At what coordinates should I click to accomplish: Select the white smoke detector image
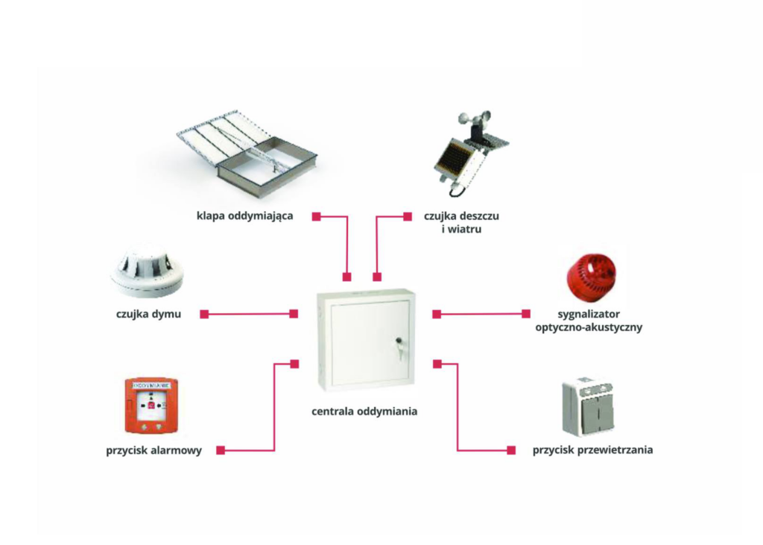tap(147, 271)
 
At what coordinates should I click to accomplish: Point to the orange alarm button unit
tap(151, 406)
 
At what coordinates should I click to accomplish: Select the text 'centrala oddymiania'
tap(364, 411)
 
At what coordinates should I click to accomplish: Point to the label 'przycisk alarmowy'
tap(154, 450)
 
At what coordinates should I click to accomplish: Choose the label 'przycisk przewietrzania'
tap(592, 450)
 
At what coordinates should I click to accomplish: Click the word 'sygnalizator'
tap(589, 314)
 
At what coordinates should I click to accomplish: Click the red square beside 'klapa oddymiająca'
tap(316, 216)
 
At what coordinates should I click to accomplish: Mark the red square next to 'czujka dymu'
tap(204, 314)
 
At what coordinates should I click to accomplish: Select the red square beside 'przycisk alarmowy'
tap(220, 450)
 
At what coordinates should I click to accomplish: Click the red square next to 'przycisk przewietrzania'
tap(511, 450)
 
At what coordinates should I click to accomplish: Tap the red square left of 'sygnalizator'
tap(526, 314)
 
